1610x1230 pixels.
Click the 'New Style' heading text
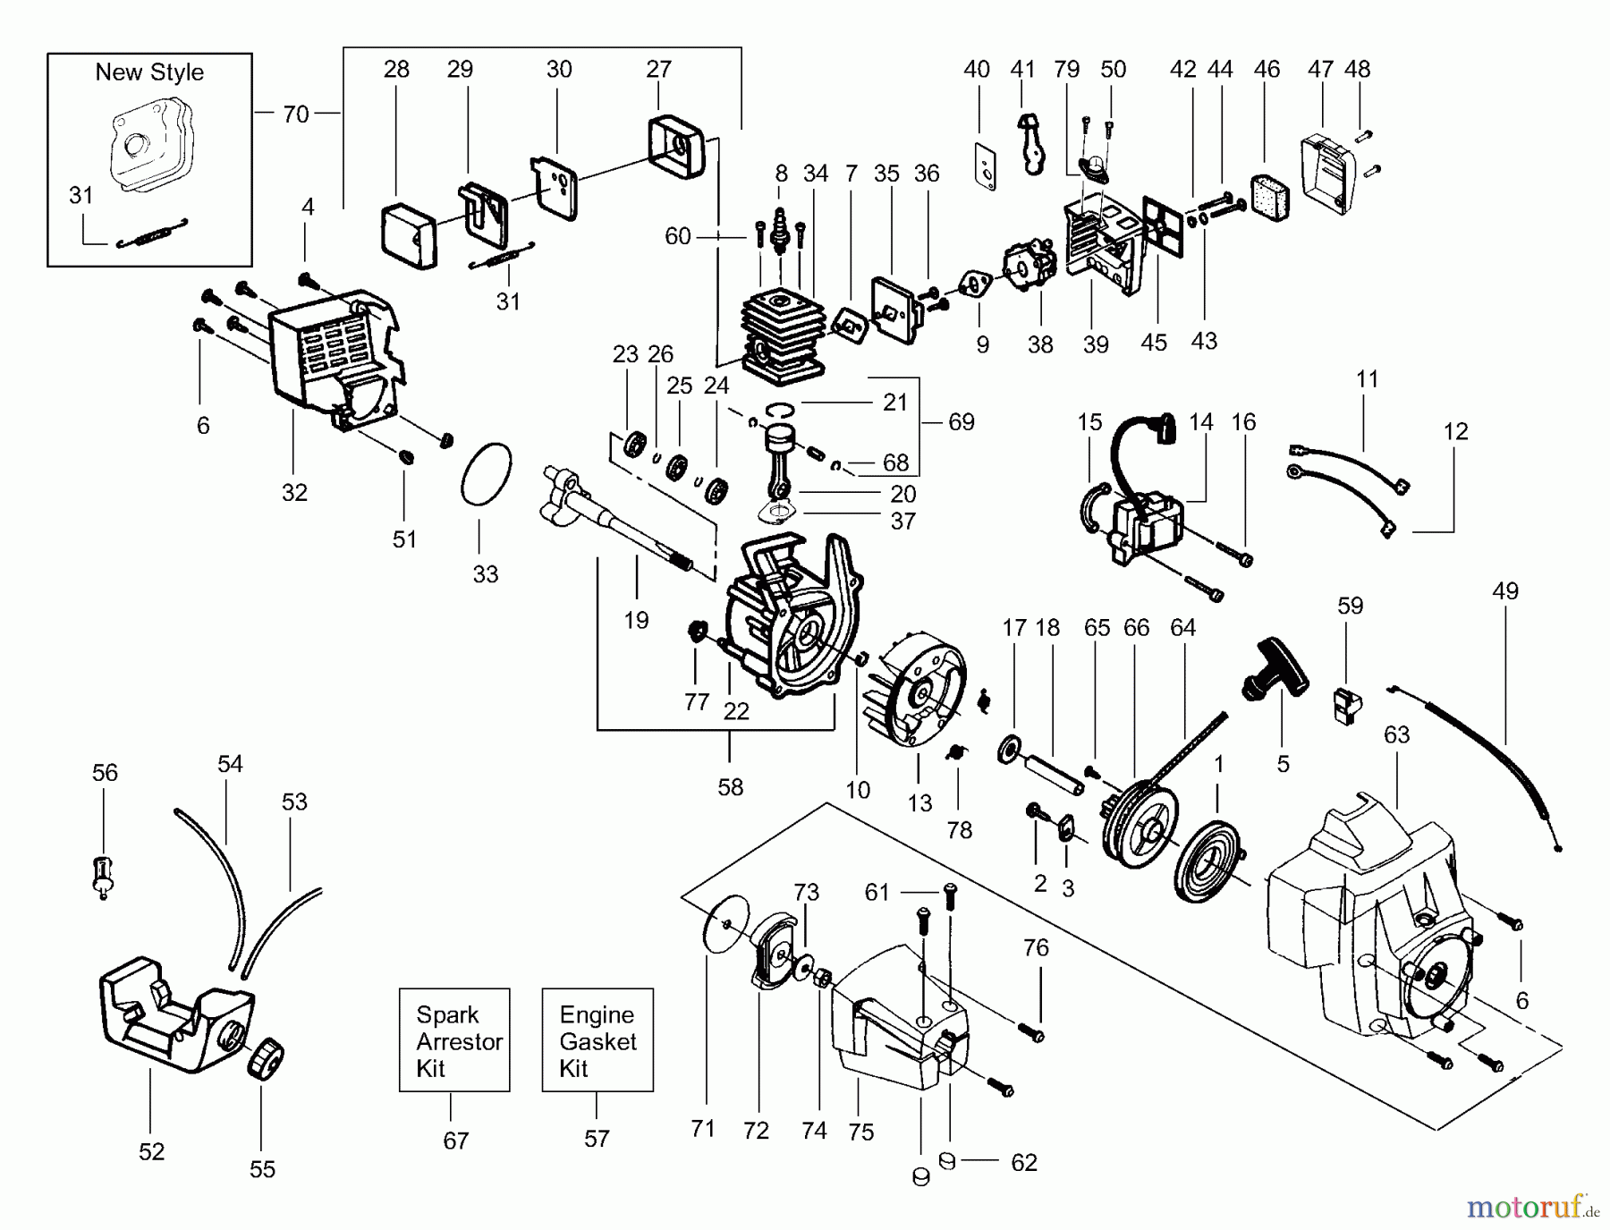pyautogui.click(x=149, y=72)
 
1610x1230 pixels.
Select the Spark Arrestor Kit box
pyautogui.click(x=454, y=1040)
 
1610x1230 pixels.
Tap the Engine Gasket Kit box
pyautogui.click(x=597, y=1040)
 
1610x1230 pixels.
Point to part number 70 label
pyautogui.click(x=295, y=115)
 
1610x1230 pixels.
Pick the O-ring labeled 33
pyautogui.click(x=486, y=474)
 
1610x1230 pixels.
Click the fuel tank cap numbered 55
pyautogui.click(x=266, y=1064)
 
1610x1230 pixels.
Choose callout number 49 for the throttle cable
pyautogui.click(x=1504, y=591)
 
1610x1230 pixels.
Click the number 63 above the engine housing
pyautogui.click(x=1396, y=735)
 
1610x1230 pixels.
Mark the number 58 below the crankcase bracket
pyautogui.click(x=731, y=787)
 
